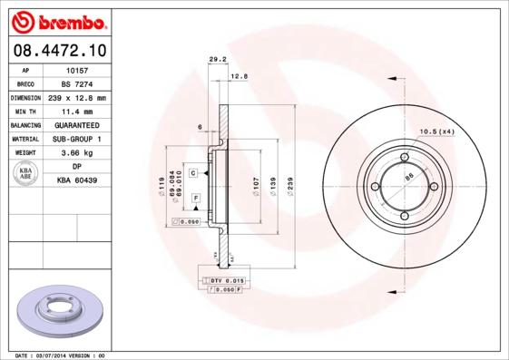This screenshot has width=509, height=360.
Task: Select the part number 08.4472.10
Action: click(58, 51)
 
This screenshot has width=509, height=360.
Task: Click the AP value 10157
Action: click(77, 69)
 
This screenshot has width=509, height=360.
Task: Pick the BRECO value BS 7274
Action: click(77, 83)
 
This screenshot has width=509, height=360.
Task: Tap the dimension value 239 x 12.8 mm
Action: click(77, 97)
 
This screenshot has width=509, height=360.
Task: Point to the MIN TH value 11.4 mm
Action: click(77, 111)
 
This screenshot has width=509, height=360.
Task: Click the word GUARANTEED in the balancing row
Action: click(77, 124)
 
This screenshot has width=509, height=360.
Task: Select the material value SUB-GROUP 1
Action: click(77, 139)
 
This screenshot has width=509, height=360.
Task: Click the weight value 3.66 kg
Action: click(77, 153)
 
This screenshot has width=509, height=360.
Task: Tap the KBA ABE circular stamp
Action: click(26, 173)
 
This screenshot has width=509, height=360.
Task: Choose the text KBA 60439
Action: click(77, 181)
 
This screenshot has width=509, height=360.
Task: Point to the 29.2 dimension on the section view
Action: click(218, 60)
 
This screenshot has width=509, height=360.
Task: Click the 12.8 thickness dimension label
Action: click(239, 76)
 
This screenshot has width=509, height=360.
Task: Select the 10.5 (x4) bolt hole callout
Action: click(435, 132)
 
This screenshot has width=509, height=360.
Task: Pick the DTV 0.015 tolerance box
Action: click(224, 282)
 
